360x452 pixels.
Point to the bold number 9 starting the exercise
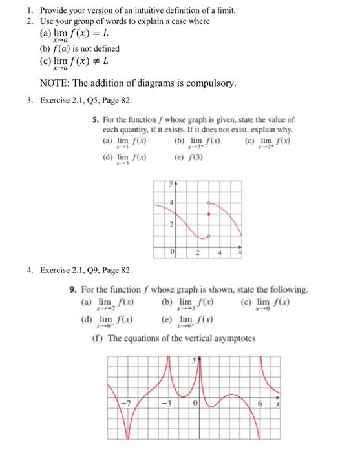(x=72, y=290)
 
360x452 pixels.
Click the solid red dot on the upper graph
(x=207, y=213)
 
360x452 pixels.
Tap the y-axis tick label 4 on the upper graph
(x=172, y=203)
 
